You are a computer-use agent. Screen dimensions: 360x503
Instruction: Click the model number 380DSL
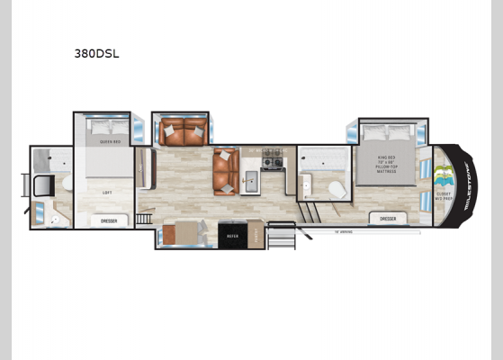[x=96, y=53]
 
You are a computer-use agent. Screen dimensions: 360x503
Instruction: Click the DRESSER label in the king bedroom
[x=388, y=218]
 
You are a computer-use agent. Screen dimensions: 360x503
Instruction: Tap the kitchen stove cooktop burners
[x=272, y=163]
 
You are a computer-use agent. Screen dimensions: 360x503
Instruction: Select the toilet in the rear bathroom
[x=40, y=185]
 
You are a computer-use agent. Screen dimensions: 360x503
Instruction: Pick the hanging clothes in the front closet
[x=441, y=174]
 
